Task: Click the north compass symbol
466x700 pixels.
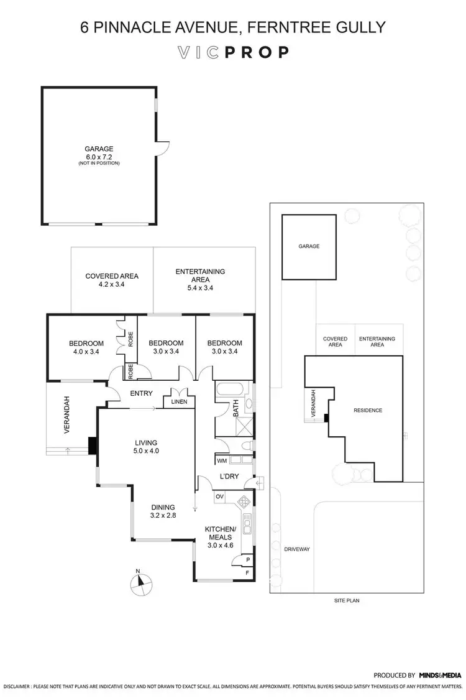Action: point(141,584)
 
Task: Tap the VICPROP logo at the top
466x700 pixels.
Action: point(233,52)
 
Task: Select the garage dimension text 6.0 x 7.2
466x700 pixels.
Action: point(99,156)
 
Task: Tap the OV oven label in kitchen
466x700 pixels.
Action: point(219,497)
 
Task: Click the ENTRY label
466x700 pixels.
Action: point(142,393)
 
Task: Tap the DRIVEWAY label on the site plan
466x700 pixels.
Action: point(296,549)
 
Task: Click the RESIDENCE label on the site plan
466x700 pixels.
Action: point(367,411)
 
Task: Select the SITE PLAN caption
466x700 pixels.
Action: point(345,601)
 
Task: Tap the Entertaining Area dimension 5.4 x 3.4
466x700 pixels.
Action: point(200,288)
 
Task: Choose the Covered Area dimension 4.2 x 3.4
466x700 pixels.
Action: point(112,285)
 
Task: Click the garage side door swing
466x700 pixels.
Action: point(162,148)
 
